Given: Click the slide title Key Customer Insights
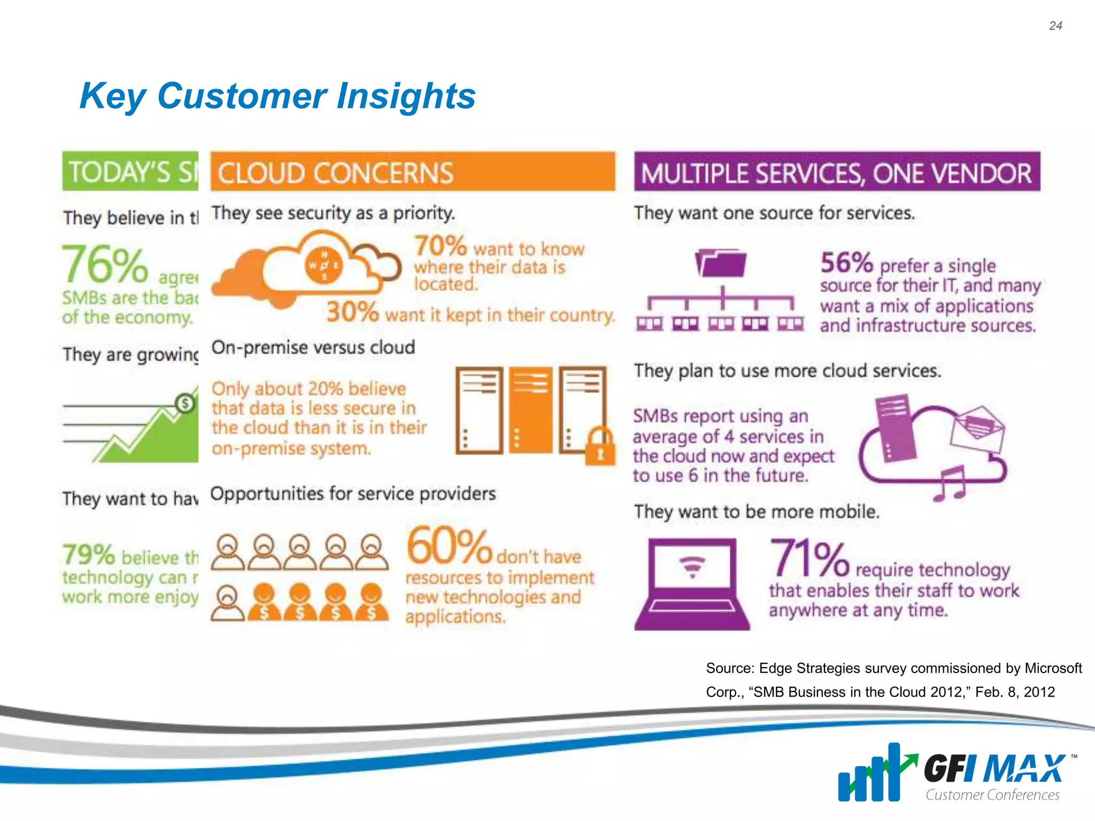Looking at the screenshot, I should [x=277, y=96].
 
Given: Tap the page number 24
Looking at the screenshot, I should [x=1055, y=26].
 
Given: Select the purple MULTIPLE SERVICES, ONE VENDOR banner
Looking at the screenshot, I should [x=837, y=172].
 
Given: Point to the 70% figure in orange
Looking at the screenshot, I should [x=441, y=246].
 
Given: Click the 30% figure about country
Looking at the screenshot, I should [x=352, y=312].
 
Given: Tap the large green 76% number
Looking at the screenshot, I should [x=105, y=265].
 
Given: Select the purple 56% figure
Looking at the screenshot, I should [x=846, y=262].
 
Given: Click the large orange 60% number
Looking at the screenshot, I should [x=449, y=546].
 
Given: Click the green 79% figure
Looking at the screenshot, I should [x=88, y=555].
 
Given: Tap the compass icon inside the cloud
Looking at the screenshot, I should [x=324, y=266].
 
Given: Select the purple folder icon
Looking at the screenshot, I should [x=721, y=263].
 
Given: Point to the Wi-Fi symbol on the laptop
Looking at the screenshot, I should [x=692, y=567].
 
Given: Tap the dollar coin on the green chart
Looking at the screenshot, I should [x=186, y=403].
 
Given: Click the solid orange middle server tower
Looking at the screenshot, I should [x=530, y=410].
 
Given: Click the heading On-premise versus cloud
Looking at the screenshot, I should [x=313, y=347].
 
